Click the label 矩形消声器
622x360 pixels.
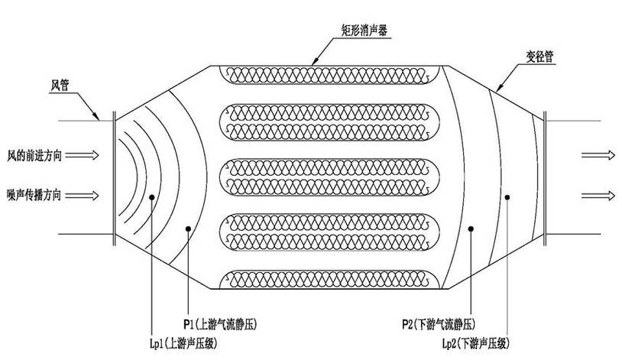point(364,30)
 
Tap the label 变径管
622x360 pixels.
point(539,57)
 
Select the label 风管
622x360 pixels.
point(60,85)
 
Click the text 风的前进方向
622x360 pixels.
point(34,156)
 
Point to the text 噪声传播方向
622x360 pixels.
point(34,195)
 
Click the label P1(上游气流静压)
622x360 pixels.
point(220,324)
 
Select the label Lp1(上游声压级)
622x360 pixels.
point(183,343)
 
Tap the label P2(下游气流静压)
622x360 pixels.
point(439,325)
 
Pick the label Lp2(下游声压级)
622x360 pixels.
point(476,343)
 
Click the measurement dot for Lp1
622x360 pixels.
point(151,197)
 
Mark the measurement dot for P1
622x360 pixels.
point(188,229)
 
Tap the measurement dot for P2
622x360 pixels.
point(471,229)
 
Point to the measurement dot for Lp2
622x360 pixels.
point(507,197)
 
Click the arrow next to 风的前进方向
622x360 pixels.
point(82,155)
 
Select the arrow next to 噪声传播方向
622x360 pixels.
point(82,195)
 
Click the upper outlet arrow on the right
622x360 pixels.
point(598,155)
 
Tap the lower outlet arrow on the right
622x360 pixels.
point(598,195)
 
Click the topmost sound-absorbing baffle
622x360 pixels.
point(329,75)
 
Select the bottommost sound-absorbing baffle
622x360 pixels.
point(329,280)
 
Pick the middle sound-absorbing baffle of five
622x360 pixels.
point(329,177)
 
